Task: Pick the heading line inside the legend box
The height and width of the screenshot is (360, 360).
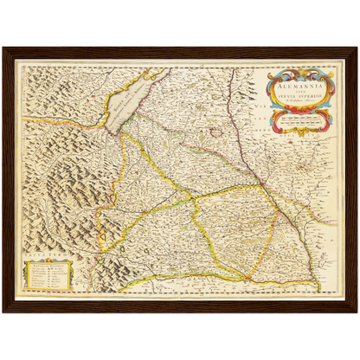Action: pyautogui.click(x=48, y=265)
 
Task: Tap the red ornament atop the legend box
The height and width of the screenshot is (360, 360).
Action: pyautogui.click(x=48, y=258)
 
